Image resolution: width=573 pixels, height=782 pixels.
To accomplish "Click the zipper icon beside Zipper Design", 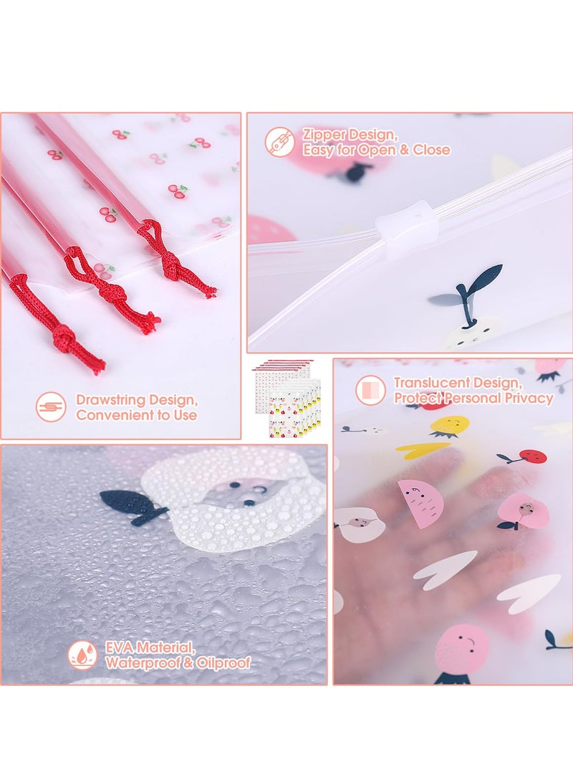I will click(x=279, y=142).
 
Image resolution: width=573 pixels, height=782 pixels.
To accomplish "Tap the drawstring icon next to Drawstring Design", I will click(x=51, y=407).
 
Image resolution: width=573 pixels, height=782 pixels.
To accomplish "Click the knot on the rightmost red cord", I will click(x=170, y=262).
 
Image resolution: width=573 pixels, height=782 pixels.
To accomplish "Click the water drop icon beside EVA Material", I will click(x=83, y=655).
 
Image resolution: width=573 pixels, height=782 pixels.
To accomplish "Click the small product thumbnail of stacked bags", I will click(x=291, y=399).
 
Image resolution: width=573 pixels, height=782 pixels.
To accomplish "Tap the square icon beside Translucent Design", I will click(x=370, y=390).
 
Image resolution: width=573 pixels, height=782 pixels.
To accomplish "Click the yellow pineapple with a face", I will click(x=450, y=426).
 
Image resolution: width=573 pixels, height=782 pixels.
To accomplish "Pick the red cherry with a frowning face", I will click(x=529, y=457).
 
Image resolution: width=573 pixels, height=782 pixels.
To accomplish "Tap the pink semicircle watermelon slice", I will click(x=421, y=502).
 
